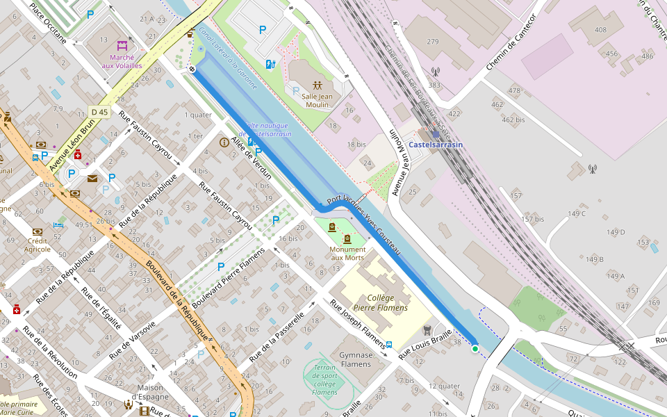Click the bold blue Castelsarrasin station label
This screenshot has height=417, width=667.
[435, 145]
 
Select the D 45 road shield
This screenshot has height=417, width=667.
[100, 112]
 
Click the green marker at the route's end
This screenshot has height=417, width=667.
[475, 348]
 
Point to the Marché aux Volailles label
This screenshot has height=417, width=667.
[122, 61]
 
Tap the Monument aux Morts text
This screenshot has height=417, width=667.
[347, 254]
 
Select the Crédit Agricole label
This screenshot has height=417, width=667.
[38, 245]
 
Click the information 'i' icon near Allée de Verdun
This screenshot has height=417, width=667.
[224, 142]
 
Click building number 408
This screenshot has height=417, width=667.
[600, 30]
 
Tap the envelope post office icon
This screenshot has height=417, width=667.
[92, 179]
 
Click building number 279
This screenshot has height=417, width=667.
[433, 42]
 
